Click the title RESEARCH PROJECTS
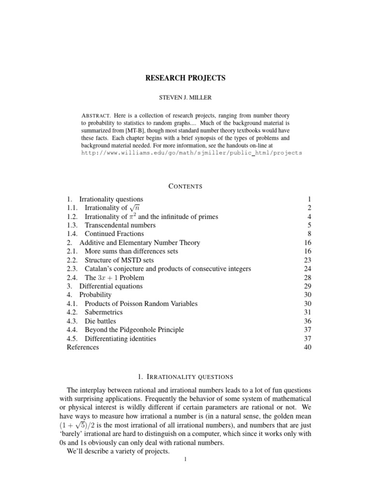[185, 77]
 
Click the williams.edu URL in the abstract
[191, 152]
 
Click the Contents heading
[185, 186]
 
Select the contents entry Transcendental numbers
[120, 225]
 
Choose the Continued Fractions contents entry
[114, 234]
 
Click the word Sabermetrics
[103, 312]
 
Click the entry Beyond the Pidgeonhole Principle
[134, 330]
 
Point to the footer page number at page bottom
[185, 459]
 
